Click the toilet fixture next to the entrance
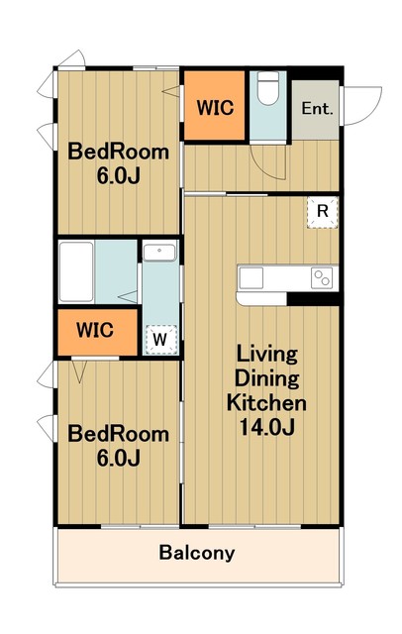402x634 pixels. coord(268,88)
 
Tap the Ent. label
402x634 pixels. coord(317,109)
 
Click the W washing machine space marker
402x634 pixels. coord(160,340)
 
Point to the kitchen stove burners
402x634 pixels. coord(322,278)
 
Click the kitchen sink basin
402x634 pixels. coord(251,278)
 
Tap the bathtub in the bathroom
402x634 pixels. coord(76,271)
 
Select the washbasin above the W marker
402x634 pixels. coord(159,253)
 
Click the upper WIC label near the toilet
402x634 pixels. coord(215,108)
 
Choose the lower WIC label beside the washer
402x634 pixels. coord(95,330)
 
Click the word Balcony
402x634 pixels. coord(197,553)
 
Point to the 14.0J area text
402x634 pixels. coord(266,427)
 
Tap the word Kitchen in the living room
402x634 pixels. coord(266,403)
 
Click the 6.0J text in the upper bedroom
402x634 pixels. coord(119,176)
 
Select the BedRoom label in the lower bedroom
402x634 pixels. coord(119,434)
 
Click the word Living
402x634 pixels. coord(266,355)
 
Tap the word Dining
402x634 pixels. coord(266,379)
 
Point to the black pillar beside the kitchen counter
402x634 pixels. coord(313,299)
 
